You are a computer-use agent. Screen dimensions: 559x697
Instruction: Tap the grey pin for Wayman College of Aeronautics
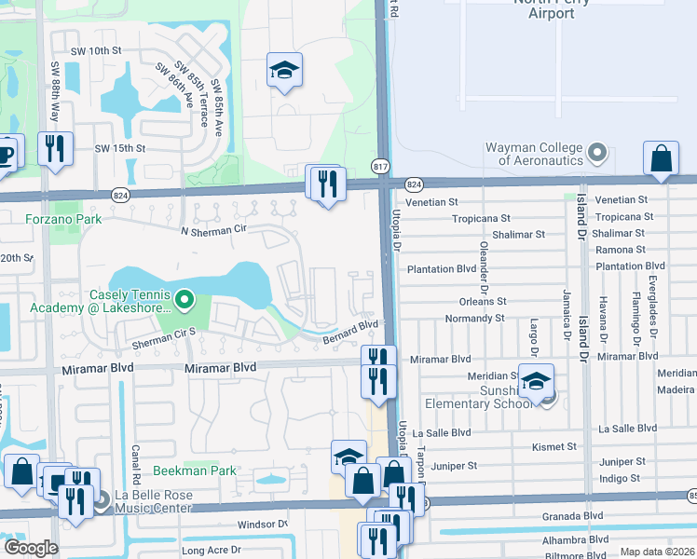coord(598,152)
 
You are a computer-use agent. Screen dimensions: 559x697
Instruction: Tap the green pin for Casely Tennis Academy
coord(184,300)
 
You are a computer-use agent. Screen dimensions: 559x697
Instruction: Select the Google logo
coord(30,548)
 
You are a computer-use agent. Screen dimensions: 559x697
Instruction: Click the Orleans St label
coord(483,302)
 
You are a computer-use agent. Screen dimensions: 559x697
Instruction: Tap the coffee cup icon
coord(7,152)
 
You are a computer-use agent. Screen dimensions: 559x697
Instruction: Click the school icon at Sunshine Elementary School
coord(536,381)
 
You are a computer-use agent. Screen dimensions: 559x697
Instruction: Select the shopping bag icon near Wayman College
coord(661,158)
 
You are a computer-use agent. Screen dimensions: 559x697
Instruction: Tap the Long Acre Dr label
coord(212,551)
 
